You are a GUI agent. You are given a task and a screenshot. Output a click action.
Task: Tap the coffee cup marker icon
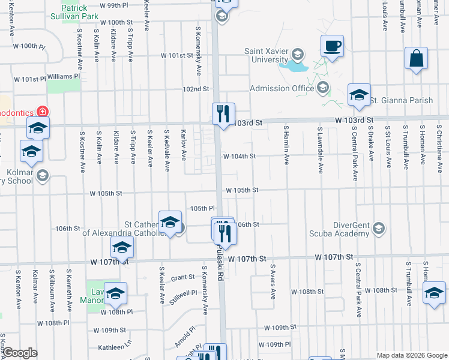coord(332,46)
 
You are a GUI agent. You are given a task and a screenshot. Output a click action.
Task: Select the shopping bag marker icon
coord(416,59)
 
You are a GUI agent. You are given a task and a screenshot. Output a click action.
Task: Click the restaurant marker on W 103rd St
coord(223,113)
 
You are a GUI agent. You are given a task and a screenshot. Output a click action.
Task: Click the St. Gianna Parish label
coord(401,100)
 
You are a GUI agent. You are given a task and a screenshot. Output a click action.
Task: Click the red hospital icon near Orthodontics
coord(43,111)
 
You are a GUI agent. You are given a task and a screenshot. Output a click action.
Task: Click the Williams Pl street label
coord(64,77)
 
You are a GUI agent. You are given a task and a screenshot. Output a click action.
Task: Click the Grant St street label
coord(182,277)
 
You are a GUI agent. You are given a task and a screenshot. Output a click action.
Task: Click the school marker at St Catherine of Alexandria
coord(170,221)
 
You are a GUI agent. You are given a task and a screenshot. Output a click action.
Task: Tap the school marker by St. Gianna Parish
coord(359,94)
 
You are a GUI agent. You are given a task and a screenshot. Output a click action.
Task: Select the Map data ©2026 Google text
coord(411,355)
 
